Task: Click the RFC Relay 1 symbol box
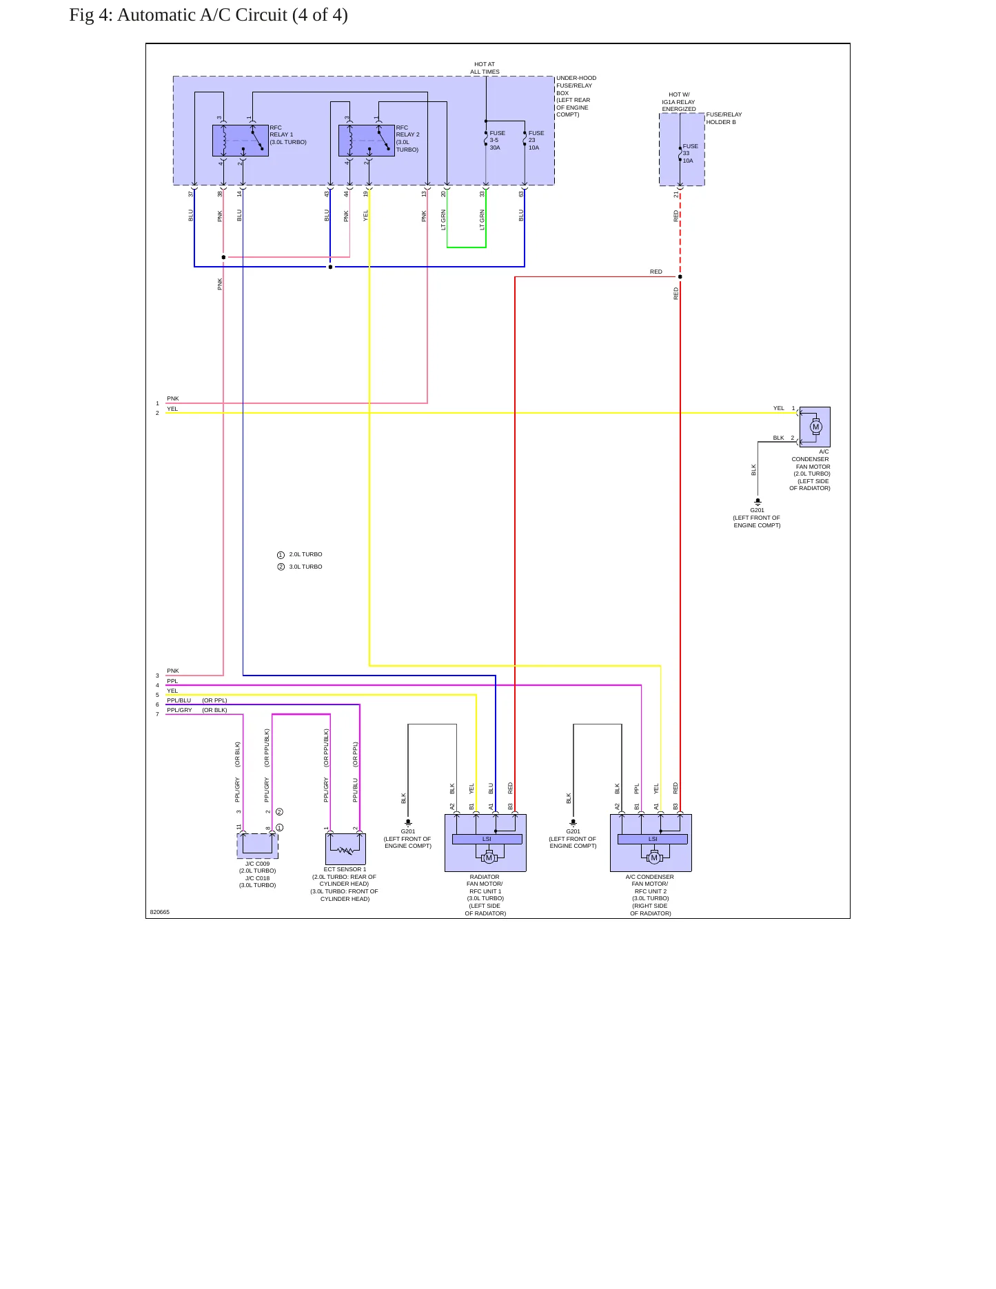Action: coord(241,141)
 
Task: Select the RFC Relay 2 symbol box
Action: coord(367,141)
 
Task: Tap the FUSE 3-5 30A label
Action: coord(497,140)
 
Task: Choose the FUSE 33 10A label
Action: coord(690,153)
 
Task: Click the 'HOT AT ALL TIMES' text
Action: coord(485,68)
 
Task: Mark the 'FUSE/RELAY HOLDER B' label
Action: coord(724,118)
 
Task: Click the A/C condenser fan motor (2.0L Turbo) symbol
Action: coord(815,427)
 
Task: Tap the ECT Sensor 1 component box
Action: coord(345,849)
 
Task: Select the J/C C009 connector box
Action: coord(258,846)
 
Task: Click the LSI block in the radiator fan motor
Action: coord(487,839)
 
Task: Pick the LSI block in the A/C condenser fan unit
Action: coord(653,839)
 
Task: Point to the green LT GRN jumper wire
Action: coord(467,247)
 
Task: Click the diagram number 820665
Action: coord(159,912)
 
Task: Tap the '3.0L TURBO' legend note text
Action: coord(305,567)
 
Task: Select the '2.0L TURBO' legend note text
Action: coord(305,554)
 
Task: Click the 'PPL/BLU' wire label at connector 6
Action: coord(179,700)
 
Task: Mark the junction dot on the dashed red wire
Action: coord(680,277)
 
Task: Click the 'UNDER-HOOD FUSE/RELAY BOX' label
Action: coord(576,85)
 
